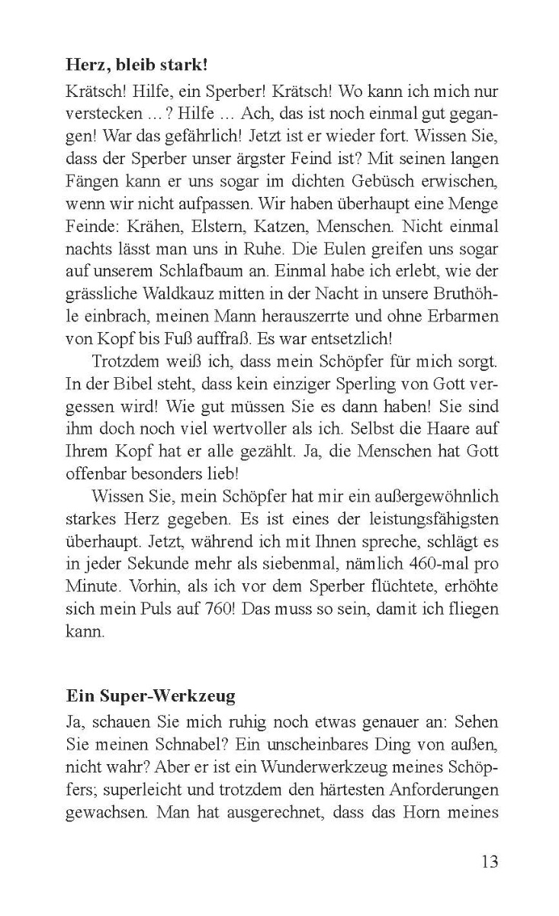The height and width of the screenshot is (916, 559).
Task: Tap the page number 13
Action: point(490,862)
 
